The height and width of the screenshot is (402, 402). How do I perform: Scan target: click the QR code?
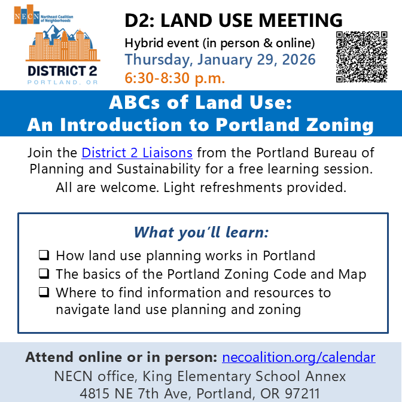[362, 56]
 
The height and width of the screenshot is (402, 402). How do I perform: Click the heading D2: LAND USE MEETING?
[233, 20]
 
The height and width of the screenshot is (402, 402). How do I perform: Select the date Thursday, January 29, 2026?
[220, 60]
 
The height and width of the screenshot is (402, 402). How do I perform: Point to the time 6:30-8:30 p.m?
[175, 78]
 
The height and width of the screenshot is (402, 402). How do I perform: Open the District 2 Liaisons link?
[137, 153]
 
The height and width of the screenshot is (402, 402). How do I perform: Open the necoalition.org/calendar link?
[299, 358]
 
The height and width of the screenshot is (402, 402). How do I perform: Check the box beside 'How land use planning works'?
[44, 256]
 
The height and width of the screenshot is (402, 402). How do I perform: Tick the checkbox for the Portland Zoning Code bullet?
[44, 275]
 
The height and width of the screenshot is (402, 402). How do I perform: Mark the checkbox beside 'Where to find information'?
[44, 293]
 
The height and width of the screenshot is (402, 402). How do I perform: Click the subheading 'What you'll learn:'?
[201, 232]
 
